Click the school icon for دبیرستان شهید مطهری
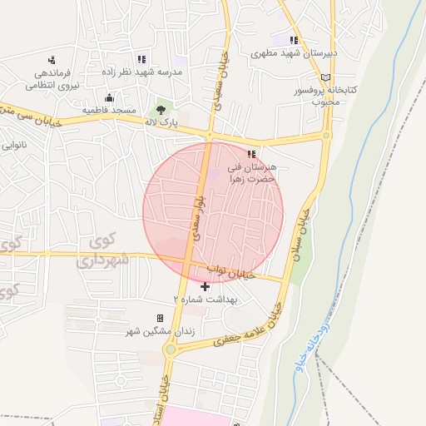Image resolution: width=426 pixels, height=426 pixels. click(293, 39)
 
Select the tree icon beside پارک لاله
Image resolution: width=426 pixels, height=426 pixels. click(161, 109)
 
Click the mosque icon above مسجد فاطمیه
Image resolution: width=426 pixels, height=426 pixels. click(109, 97)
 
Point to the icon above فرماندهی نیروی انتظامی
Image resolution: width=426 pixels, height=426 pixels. click(52, 59)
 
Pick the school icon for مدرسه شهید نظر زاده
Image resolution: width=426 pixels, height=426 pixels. click(141, 59)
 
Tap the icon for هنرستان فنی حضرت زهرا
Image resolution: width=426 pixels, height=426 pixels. click(252, 153)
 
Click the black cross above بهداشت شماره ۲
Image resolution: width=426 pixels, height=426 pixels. click(206, 286)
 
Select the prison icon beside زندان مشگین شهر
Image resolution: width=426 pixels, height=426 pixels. click(160, 319)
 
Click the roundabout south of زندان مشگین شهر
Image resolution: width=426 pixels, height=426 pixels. click(170, 350)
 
